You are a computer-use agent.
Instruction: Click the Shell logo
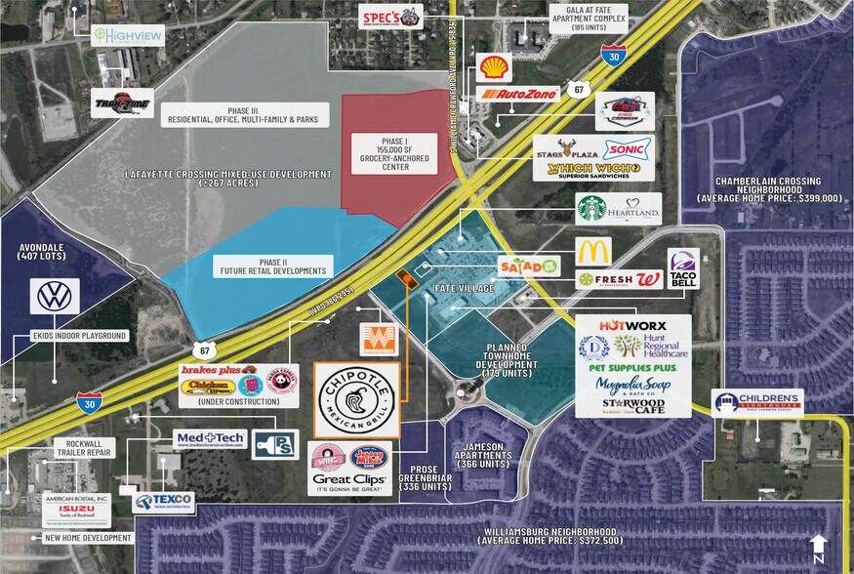(x=494, y=67)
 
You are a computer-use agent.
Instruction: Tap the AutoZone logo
(x=518, y=95)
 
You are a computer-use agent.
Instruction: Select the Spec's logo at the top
(x=391, y=17)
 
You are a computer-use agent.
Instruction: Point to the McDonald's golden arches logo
(x=593, y=251)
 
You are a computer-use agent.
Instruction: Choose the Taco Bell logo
(x=683, y=268)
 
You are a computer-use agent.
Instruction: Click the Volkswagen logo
(x=54, y=296)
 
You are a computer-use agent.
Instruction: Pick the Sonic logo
(x=627, y=147)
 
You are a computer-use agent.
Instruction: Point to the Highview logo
(x=127, y=35)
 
